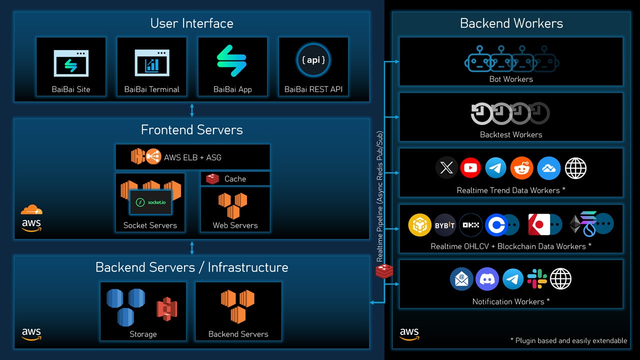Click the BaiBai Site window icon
point(71,63)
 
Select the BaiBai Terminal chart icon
point(151,63)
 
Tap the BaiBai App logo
point(232,61)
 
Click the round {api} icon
point(313,60)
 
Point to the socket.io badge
point(150,202)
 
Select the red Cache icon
point(213,178)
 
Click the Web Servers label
point(235,225)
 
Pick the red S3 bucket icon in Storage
point(167,309)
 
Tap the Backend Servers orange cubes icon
point(237,306)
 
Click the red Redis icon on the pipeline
point(384,271)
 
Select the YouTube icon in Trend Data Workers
point(470,168)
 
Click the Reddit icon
point(522,168)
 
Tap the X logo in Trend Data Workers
point(446,168)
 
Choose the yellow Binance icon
point(419,225)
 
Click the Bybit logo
point(444,225)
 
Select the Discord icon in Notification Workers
point(487,279)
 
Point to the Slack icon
point(537,279)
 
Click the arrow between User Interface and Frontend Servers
point(192,110)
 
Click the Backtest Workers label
point(511,134)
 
